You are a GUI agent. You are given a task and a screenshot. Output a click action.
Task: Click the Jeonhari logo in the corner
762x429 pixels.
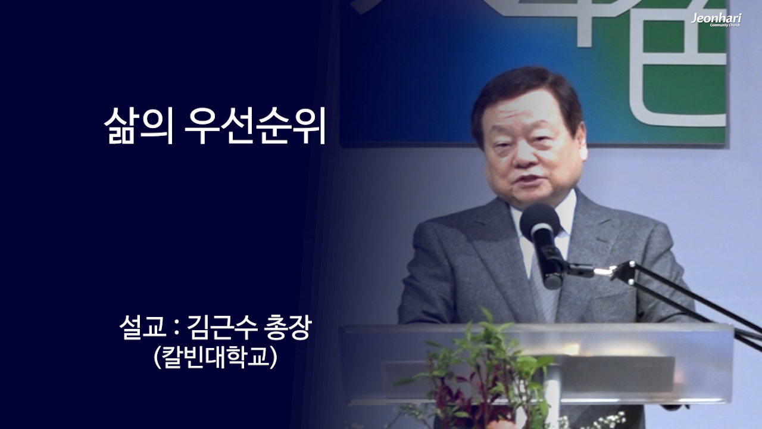(716, 20)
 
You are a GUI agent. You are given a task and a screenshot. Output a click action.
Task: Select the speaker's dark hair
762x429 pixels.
(524, 89)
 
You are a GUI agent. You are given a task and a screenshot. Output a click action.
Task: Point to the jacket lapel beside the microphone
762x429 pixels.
(595, 250)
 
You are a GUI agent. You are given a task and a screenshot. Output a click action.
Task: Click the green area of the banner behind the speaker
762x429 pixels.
(685, 89)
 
